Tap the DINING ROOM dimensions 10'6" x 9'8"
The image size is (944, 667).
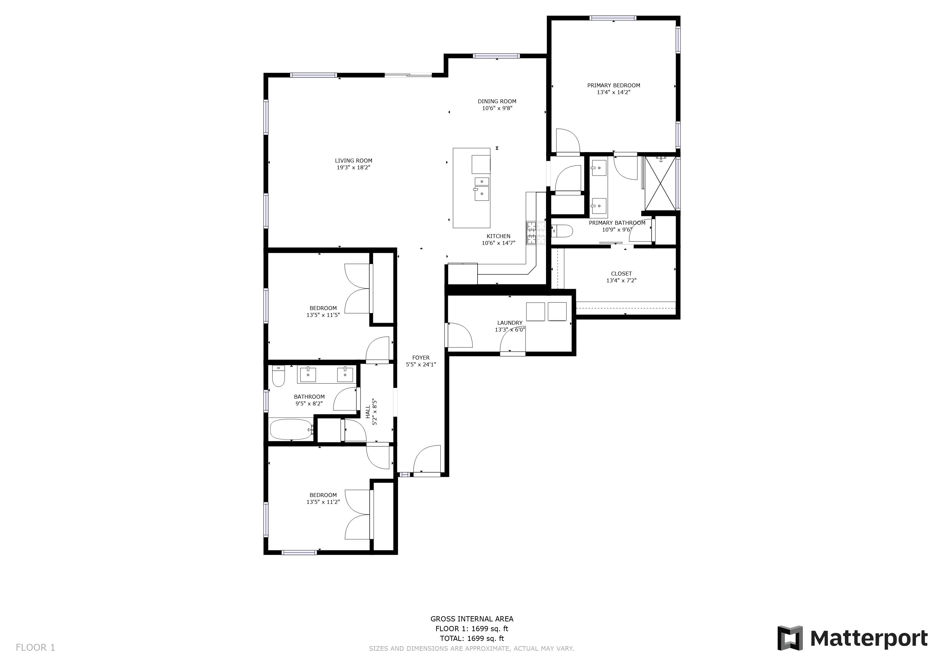pos(497,108)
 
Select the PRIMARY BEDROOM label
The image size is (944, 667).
pos(613,85)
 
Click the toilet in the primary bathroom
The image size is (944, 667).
pos(562,231)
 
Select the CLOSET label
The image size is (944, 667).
pos(621,274)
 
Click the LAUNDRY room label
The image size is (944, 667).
pos(509,323)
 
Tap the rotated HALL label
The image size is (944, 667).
pos(368,412)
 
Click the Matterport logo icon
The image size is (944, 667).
pos(789,638)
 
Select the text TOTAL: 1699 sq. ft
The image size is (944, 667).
pos(472,638)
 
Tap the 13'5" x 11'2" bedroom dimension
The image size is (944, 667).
pos(323,502)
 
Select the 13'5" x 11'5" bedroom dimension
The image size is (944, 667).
pos(323,315)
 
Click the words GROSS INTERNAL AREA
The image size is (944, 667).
pos(472,618)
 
